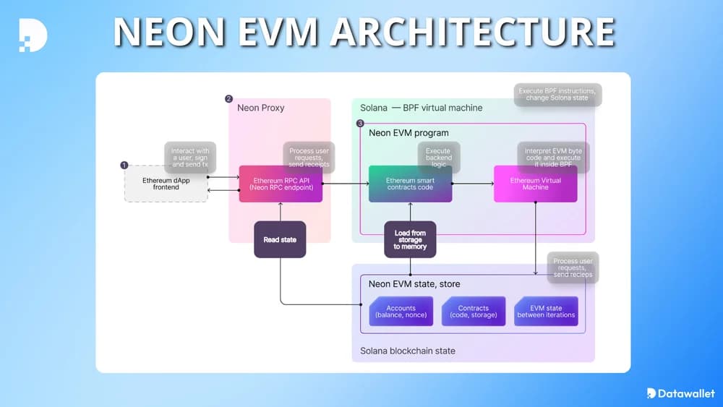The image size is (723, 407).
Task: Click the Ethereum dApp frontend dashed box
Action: [166, 184]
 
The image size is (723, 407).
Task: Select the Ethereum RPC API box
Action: [281, 184]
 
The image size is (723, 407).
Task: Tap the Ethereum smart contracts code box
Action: [410, 184]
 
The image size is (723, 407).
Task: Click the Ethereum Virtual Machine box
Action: [535, 184]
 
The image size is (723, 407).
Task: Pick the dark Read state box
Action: [280, 239]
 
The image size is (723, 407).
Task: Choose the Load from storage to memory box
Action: [410, 239]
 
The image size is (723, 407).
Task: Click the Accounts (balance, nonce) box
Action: [401, 312]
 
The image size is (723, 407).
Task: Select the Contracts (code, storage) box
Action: [474, 312]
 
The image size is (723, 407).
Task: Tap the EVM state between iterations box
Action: [546, 312]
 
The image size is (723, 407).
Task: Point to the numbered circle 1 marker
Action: [124, 166]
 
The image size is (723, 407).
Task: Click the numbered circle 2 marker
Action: [229, 99]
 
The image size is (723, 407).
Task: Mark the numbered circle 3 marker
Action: [360, 124]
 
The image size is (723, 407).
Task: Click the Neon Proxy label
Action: [261, 108]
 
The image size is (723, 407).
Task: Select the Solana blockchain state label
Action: [408, 351]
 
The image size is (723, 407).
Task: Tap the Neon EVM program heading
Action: [408, 133]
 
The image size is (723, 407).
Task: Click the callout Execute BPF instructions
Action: [557, 95]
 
